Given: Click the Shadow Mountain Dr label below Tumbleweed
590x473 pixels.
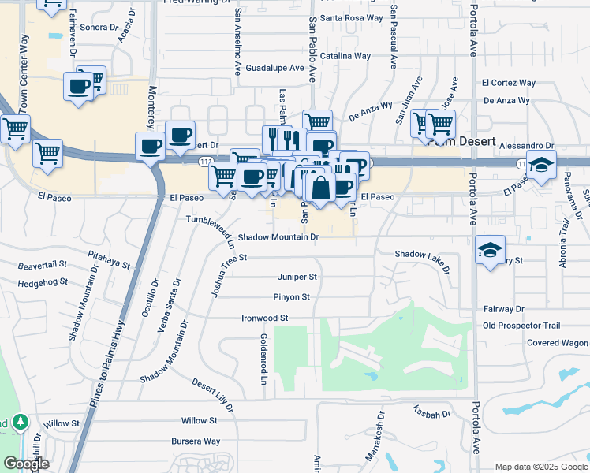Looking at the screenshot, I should point(278,236).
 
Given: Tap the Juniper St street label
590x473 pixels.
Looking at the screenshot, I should point(297,277).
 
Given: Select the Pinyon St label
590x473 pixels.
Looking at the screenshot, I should point(293,297).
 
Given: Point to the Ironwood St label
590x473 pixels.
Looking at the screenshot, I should point(265,318).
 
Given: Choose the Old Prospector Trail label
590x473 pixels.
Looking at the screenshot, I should point(521,326).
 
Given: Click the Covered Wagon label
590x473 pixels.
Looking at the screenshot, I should point(557,343).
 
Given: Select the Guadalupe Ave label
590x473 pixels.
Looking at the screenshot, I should point(274,69).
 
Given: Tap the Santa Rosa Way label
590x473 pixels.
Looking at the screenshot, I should point(352,17).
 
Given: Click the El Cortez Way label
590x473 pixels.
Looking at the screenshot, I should point(509,83).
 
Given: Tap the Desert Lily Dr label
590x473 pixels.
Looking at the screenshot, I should point(213,393).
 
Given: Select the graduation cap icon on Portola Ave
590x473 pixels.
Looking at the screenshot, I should point(490,251).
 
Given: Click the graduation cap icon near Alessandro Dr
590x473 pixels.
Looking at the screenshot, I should point(542,165).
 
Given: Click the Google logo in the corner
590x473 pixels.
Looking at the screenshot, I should point(26,464).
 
